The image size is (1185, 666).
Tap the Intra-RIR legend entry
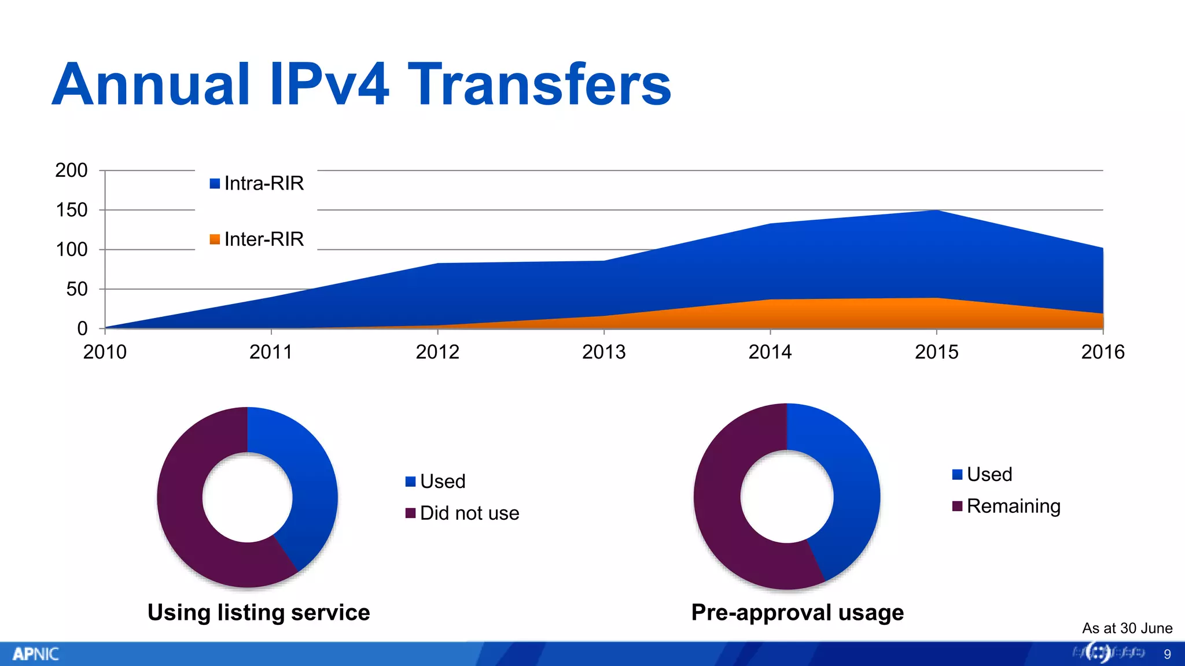point(257,184)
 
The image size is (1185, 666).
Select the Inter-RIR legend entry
point(257,239)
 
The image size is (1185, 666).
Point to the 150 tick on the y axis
point(72,210)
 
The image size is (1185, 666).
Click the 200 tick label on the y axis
point(71,171)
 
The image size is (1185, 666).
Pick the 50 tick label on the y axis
point(76,289)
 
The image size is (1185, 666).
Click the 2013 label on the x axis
point(603,352)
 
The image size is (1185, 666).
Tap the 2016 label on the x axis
point(1102,352)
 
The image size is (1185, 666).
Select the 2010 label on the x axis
point(105,352)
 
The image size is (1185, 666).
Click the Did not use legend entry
point(463,513)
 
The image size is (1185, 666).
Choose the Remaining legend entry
point(1007,506)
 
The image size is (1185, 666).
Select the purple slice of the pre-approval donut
point(723,520)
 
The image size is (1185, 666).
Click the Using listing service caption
point(259,613)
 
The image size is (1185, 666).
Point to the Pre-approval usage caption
point(797,613)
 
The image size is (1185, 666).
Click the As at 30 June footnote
point(1127,628)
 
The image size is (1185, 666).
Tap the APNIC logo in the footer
point(35,654)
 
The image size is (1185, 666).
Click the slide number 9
point(1167,654)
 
